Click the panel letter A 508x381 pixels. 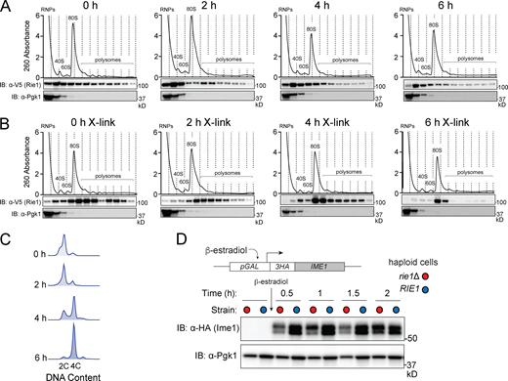[x=8, y=8]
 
